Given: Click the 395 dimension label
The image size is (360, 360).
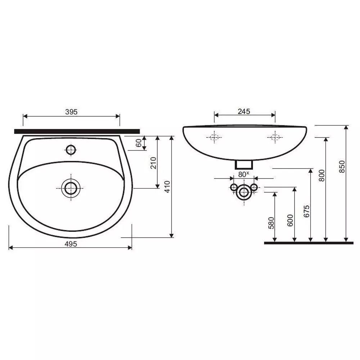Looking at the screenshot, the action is (71, 112).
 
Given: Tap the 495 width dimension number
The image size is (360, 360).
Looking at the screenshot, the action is (71, 244).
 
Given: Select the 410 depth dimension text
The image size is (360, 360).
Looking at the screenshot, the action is (168, 186).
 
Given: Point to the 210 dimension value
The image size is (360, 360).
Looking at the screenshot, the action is (153, 163).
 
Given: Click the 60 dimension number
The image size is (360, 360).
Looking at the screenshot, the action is (139, 143).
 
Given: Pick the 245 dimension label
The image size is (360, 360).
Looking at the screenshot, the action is (244, 111).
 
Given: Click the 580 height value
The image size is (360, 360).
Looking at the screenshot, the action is (271, 223).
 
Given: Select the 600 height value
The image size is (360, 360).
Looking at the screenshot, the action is (290, 220).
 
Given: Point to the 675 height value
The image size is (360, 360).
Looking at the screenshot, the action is (306, 211).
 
